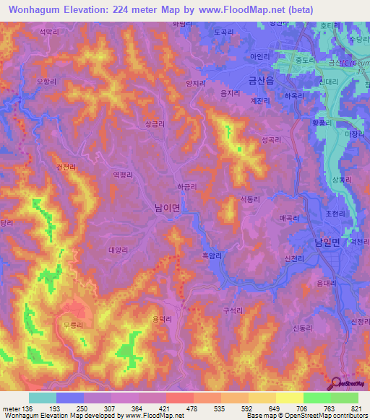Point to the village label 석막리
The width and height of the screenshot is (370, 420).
tap(48, 32)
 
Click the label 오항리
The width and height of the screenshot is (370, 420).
tap(46, 82)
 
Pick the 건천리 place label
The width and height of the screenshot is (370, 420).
tap(66, 165)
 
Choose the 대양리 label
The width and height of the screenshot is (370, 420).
tap(118, 250)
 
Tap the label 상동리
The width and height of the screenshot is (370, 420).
tap(340, 179)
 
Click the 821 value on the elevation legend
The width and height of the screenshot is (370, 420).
tap(350, 409)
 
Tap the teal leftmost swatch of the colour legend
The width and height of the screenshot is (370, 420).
tap(42, 398)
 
